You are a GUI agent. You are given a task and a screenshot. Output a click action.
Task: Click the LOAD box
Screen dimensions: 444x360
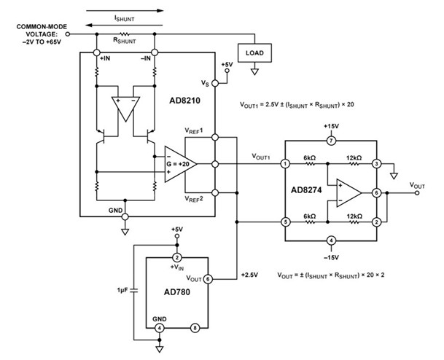tap(254, 53)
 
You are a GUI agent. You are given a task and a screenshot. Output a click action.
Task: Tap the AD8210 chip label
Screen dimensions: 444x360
tap(184, 101)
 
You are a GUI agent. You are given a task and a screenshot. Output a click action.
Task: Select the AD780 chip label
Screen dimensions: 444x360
tap(177, 291)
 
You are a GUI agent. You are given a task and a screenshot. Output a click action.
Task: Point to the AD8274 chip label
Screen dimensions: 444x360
tap(306, 190)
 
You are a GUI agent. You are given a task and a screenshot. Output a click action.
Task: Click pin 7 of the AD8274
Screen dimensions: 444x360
tap(331, 141)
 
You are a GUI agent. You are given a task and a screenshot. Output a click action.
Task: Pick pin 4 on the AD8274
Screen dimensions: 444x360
tap(331, 240)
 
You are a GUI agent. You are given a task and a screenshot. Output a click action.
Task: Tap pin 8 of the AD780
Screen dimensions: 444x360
tap(195, 328)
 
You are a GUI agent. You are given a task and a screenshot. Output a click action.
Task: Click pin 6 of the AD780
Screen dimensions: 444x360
tap(208, 279)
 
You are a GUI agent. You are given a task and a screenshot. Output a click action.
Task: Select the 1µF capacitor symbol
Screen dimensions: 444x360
tap(134, 290)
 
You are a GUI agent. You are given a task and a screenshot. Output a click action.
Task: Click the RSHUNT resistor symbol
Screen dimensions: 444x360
tap(125, 34)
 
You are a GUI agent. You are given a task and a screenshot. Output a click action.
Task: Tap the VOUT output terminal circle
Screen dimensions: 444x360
tap(417, 193)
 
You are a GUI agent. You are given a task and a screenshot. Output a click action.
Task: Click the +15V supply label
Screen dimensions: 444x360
tap(331, 126)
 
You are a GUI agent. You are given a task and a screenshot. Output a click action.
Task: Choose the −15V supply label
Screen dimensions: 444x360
tap(331, 257)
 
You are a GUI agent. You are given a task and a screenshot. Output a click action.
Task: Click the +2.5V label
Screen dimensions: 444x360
tap(249, 275)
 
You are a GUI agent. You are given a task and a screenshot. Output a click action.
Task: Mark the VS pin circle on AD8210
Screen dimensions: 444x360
tap(215, 83)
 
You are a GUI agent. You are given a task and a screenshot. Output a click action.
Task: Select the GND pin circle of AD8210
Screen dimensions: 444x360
tap(125, 216)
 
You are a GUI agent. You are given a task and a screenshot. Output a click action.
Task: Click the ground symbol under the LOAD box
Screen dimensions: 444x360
tap(254, 72)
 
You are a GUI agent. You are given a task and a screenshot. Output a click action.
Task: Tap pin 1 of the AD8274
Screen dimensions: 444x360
tap(285, 163)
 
